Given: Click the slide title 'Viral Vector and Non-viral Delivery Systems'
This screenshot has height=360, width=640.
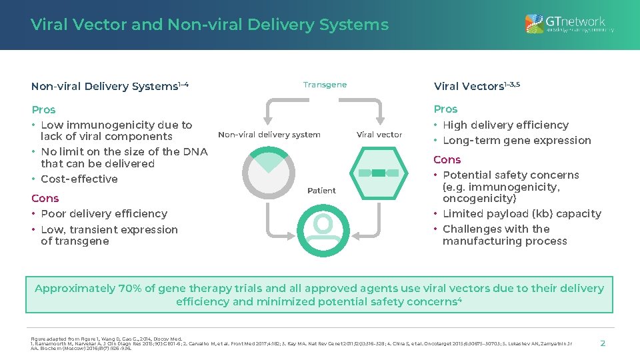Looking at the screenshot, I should tap(209, 25).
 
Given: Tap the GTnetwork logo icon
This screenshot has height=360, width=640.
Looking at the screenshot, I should tap(534, 25).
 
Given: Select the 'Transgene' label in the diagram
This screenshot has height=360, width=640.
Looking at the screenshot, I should tap(325, 85).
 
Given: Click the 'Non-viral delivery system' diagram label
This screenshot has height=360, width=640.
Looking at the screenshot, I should tap(269, 135).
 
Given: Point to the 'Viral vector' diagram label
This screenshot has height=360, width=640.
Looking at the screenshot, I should tap(379, 135).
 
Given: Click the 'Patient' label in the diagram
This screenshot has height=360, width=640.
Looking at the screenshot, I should tap(321, 191).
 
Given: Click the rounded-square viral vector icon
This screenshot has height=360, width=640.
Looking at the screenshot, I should tap(378, 173).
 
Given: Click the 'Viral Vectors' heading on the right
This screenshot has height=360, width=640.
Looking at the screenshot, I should tap(476, 86).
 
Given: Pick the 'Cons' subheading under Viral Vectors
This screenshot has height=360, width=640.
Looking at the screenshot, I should tap(447, 160).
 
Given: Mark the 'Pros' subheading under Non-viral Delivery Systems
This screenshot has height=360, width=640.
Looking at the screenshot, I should tap(43, 110).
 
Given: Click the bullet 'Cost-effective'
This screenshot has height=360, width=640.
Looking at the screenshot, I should tap(79, 179).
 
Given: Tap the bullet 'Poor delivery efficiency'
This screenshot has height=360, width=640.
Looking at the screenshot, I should tap(103, 214).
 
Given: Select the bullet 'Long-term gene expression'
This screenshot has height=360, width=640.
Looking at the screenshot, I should tap(517, 141).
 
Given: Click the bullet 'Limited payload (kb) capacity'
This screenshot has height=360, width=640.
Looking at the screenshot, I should tap(521, 214).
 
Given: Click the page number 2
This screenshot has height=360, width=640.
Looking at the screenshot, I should tap(603, 343).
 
